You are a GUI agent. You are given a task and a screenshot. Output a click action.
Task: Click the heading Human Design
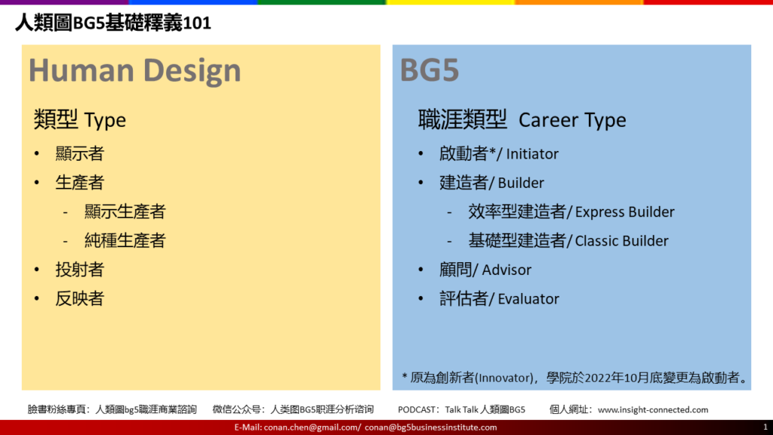tap(134, 70)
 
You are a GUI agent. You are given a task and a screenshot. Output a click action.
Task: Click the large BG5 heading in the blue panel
tap(430, 70)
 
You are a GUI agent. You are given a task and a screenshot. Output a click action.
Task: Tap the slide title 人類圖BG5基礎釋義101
tap(113, 23)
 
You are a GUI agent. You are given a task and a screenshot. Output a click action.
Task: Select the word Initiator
tap(532, 154)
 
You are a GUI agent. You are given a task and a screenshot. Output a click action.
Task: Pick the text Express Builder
tap(624, 212)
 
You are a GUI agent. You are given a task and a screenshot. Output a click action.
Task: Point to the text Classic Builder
tap(622, 241)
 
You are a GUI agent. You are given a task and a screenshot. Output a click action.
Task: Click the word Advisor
tap(507, 270)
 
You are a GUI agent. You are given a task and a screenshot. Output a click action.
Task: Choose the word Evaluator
tap(528, 299)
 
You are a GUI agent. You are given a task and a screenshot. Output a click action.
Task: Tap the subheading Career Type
tap(572, 120)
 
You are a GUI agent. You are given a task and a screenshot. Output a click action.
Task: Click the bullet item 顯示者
tap(79, 154)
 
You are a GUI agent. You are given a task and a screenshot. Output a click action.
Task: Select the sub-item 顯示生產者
tap(125, 211)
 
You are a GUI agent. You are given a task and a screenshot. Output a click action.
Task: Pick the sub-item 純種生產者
tap(125, 241)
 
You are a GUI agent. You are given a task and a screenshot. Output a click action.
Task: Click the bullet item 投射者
tap(79, 270)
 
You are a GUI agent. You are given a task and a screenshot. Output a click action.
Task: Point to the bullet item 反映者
tap(79, 299)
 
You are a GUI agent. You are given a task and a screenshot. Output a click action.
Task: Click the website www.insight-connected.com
tap(653, 409)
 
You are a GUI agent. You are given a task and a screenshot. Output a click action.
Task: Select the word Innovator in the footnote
tap(504, 378)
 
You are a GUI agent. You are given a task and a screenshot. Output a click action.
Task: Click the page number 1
tap(765, 427)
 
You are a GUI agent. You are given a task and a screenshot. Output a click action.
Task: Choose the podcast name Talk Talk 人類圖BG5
tap(485, 409)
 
